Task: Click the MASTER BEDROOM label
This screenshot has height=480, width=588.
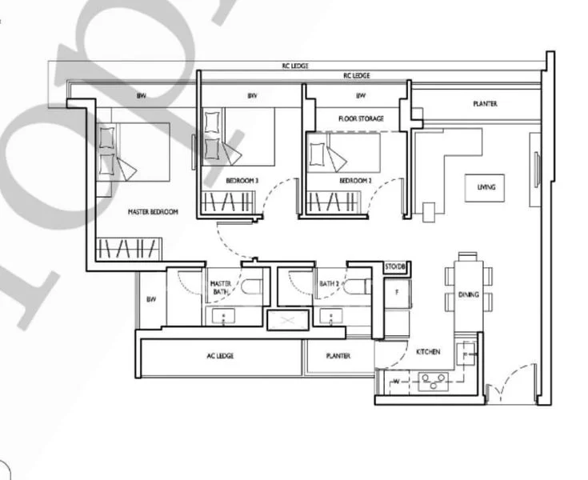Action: click(x=153, y=212)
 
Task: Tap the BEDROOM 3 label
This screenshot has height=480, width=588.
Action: click(x=242, y=181)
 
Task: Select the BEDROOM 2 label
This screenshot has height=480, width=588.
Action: click(x=355, y=181)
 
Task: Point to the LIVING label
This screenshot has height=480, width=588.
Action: click(x=486, y=187)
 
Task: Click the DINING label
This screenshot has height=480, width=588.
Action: click(x=468, y=294)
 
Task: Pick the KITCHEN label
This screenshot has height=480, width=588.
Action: click(x=428, y=351)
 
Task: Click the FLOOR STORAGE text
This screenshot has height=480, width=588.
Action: click(x=361, y=118)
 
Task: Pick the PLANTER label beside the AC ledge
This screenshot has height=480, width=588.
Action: click(x=338, y=356)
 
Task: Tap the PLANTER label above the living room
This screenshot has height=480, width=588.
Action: click(x=485, y=104)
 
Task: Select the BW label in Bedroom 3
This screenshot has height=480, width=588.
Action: click(x=252, y=96)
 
